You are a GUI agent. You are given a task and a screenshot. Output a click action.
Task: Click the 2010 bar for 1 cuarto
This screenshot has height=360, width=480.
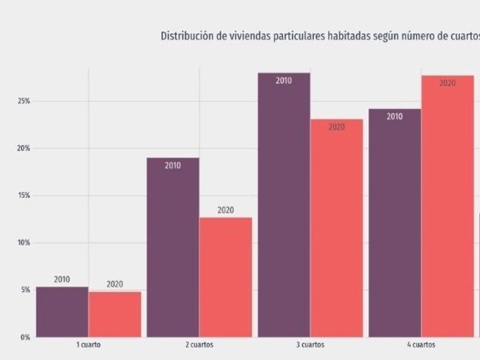62,312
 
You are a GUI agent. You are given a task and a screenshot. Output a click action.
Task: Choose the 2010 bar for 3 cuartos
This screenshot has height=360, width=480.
284,206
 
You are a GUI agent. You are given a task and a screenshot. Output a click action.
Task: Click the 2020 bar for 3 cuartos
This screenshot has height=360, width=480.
337,229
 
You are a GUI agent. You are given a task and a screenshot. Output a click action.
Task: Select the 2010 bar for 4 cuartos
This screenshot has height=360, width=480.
395,223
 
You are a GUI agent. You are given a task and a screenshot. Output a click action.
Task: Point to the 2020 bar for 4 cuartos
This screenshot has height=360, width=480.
447,206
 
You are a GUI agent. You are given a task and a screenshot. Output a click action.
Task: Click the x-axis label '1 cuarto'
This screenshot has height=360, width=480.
89,345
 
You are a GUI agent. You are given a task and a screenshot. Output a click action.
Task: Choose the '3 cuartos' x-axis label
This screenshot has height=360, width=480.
310,345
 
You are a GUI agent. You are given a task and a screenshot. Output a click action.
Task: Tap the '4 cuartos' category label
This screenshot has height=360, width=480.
421,345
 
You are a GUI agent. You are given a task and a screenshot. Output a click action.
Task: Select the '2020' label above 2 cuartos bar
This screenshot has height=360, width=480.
226,210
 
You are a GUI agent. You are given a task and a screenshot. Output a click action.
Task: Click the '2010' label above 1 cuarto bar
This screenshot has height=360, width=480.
62,280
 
